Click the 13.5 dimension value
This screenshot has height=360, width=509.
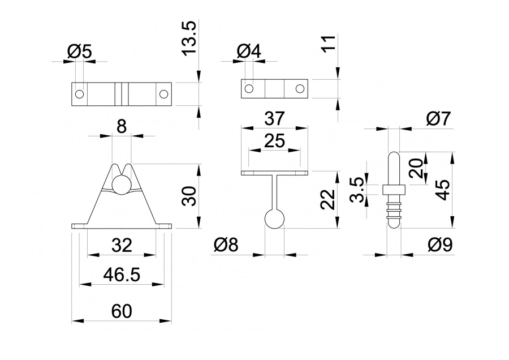coord(189,38)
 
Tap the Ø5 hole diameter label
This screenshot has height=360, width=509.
coord(80,52)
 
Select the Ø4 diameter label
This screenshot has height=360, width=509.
coord(249,52)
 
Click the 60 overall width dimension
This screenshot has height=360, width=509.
coord(122,311)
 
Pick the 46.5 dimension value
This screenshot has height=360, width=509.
coord(122,275)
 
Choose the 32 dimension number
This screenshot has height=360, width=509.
coord(122,245)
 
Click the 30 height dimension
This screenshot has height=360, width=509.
coord(189,196)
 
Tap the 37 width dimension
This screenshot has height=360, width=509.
coord(275,118)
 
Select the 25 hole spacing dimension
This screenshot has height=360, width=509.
coord(275,141)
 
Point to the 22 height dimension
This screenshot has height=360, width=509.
coord(328,199)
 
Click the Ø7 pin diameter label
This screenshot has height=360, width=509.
coord(438,119)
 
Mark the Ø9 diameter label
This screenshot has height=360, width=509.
coord(440,245)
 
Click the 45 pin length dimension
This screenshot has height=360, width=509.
coord(443,190)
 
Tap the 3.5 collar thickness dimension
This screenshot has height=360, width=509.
coord(359,190)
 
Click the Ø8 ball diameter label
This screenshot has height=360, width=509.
coord(226,245)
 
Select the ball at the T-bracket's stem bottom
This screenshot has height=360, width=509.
coord(275,218)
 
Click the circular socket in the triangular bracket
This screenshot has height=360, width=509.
coord(122,185)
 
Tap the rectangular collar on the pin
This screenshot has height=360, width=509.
coord(394,190)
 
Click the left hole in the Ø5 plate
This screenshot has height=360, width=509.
coord(80,94)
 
